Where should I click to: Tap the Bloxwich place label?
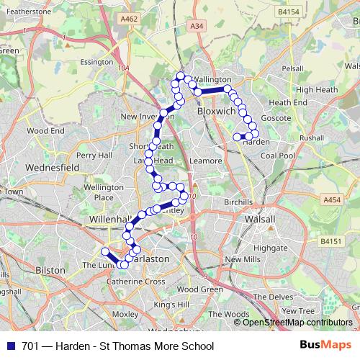pos(216,112)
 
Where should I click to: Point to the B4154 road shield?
pos(288,12)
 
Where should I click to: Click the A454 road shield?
pos(331,200)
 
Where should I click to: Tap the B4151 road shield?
pos(330,242)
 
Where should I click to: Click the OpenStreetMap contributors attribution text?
pos(297,322)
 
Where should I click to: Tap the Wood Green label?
pos(199,289)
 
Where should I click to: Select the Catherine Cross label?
pos(135,282)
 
